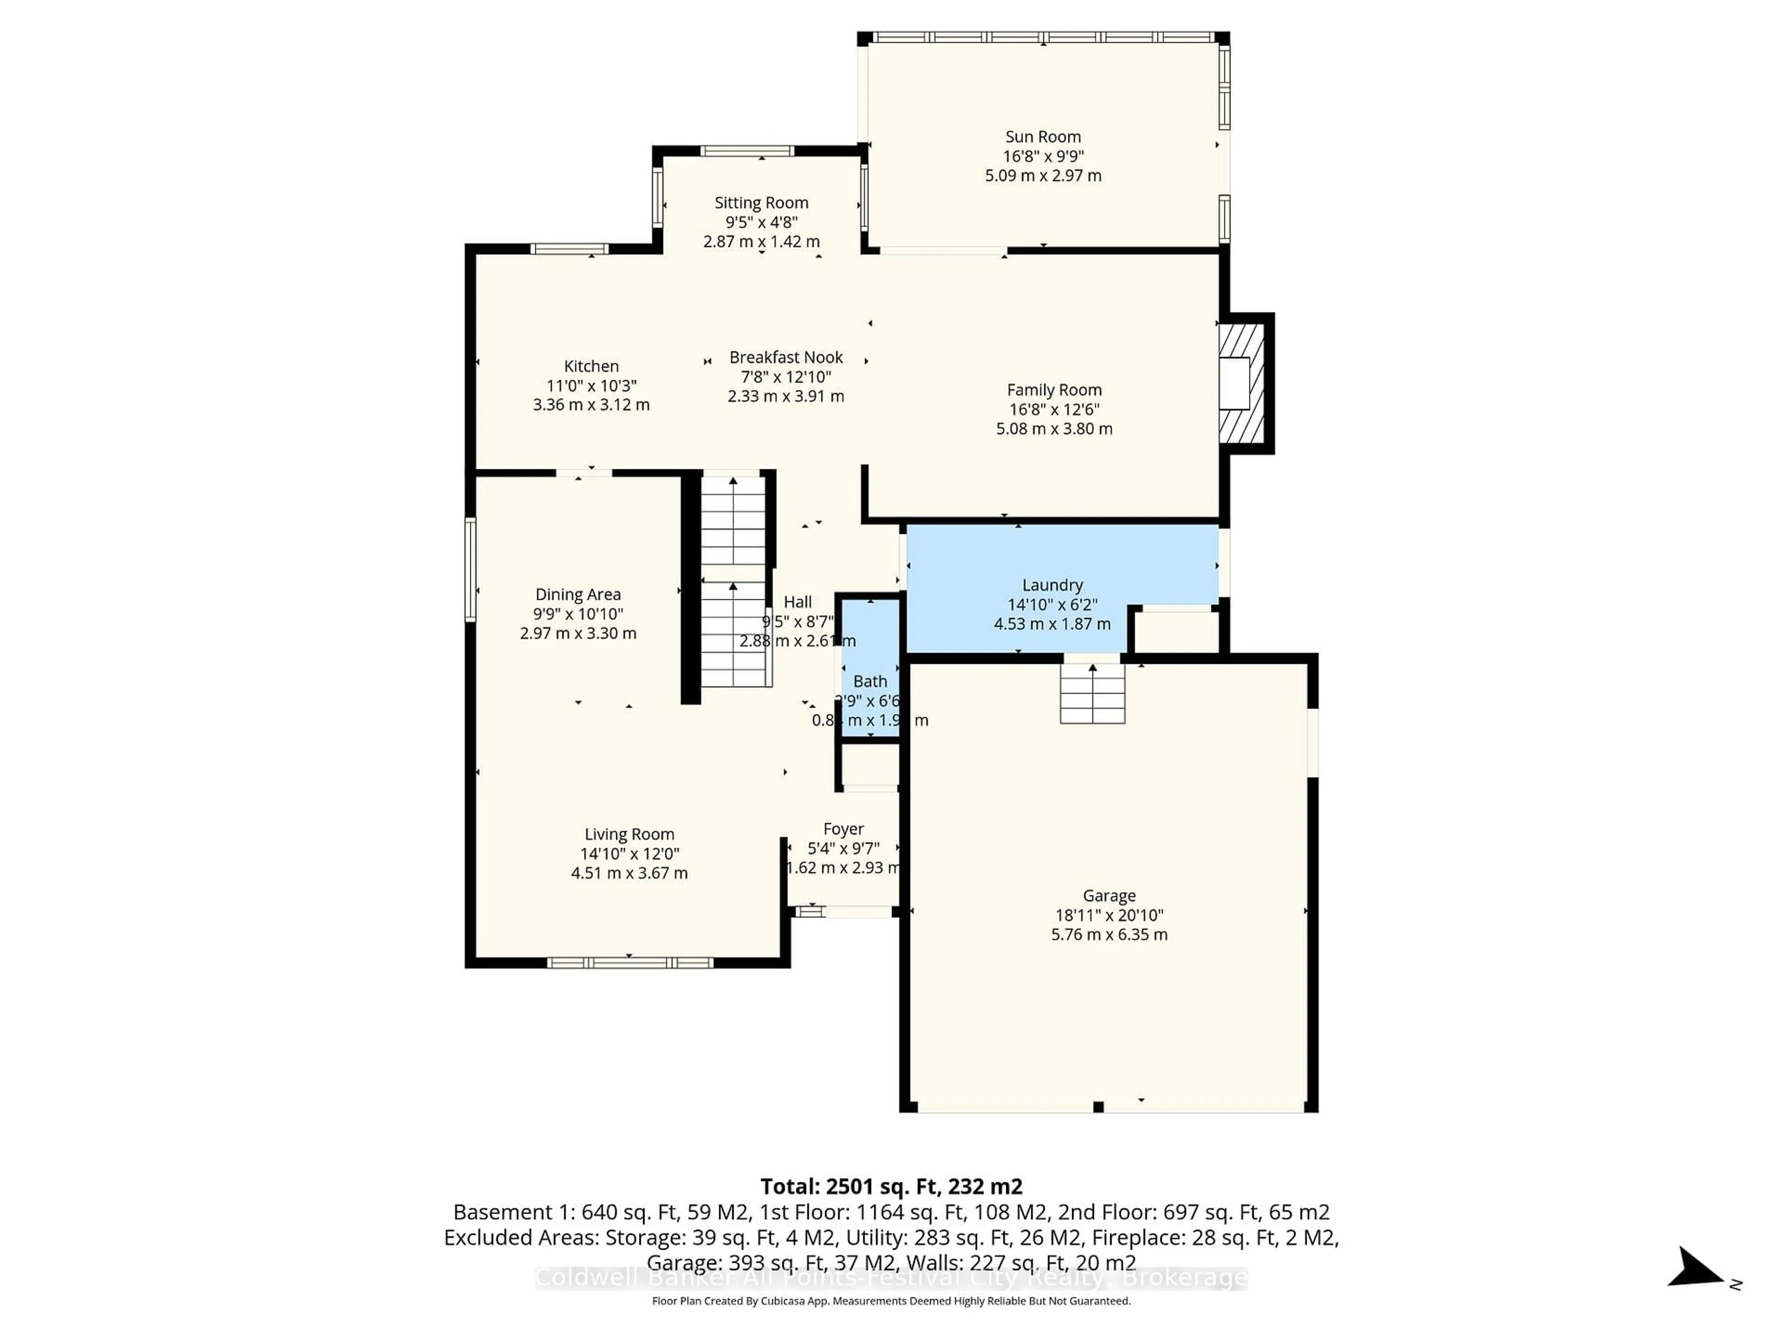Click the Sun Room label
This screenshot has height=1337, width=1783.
pos(1042,137)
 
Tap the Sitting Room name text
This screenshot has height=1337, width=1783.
pos(761,203)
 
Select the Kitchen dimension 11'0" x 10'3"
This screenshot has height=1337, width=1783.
pos(591,385)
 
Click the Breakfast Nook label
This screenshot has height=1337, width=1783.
pos(786,357)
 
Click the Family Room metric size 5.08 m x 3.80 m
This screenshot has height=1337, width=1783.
pos(1054,429)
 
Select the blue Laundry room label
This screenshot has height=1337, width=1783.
pos(1052,585)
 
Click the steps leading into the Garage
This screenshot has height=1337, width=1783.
pos(1092,693)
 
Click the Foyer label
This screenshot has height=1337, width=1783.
pos(843,829)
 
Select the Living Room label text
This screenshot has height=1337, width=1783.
pos(629,834)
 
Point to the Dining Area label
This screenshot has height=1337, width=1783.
pos(578,595)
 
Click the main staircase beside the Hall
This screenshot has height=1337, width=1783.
pos(733,580)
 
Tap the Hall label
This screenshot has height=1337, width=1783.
pos(797,602)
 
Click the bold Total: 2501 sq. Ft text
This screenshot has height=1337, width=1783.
pos(891,1186)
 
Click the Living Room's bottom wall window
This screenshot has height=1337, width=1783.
pos(630,962)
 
